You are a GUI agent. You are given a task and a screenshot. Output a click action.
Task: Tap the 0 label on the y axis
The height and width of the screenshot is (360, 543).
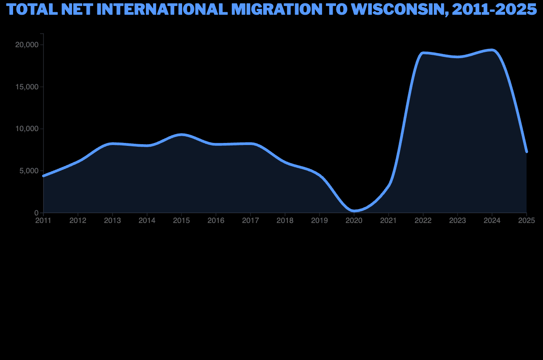pos(36,213)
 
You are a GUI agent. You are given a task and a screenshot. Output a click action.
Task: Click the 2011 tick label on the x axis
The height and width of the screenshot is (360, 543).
pos(43,220)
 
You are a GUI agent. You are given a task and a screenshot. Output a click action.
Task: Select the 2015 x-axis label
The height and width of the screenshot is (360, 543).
pos(181,220)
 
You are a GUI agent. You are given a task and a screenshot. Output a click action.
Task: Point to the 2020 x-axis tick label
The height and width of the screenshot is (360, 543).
pos(354,220)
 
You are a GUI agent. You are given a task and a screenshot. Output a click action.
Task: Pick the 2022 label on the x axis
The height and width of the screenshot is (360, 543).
pos(423,220)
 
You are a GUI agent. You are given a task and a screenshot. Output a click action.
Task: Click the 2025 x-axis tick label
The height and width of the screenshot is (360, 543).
pos(527,220)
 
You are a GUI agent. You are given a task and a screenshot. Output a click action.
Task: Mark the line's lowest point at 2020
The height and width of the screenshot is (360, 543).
pos(354,211)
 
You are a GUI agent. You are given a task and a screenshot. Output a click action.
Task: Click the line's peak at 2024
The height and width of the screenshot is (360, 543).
pos(492,50)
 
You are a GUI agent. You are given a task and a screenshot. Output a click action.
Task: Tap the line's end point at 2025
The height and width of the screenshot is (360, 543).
pos(527,151)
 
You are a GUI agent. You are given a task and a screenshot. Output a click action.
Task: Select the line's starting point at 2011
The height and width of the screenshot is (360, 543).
pos(43,176)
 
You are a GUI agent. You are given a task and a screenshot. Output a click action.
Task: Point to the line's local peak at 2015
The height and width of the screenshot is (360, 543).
pos(181,134)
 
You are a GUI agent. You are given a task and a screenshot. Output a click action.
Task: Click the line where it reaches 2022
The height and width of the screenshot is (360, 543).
pos(423,53)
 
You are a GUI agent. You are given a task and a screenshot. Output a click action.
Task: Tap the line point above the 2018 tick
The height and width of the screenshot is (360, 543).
pos(285,162)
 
